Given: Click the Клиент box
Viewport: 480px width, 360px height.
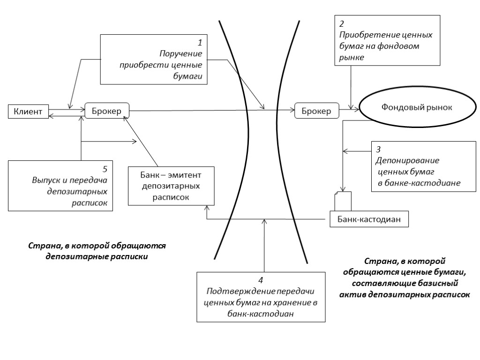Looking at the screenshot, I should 28,111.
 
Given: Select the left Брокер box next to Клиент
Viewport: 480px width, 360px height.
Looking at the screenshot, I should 107,111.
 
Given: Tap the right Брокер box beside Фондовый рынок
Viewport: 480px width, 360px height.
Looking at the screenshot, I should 316,111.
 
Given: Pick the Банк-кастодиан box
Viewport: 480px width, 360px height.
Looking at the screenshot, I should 368,218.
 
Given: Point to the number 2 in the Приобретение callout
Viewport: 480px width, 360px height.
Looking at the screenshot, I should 342,24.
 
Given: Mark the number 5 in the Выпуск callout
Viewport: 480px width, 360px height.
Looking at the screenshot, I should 105,169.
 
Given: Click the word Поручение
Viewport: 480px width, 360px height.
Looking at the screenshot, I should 180,53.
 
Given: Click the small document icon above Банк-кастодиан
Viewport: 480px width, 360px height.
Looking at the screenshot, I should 343,201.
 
